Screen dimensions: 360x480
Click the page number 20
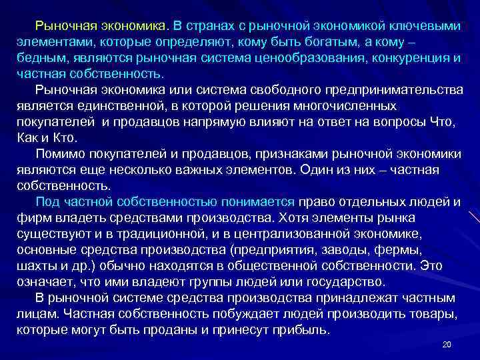[x=447, y=345]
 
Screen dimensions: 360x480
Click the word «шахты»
[x=35, y=267]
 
